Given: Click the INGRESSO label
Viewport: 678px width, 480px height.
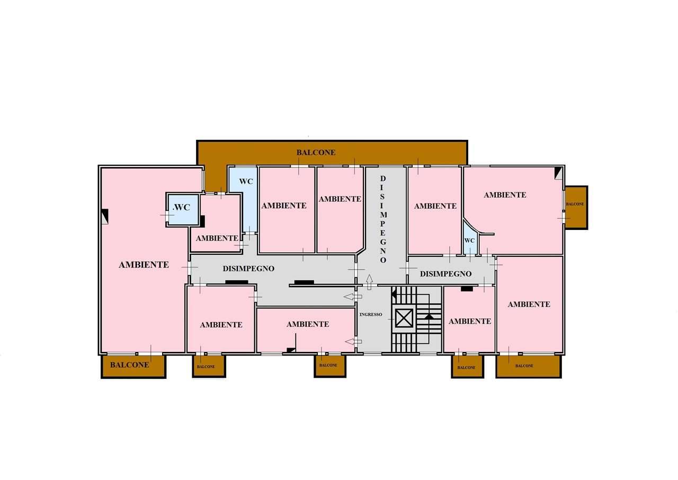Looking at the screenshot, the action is tap(371, 315).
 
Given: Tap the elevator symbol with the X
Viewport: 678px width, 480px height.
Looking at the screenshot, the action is tap(404, 318).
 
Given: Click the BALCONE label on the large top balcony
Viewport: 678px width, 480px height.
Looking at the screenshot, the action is tap(316, 153).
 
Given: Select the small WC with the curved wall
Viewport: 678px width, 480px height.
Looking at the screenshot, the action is tap(470, 238).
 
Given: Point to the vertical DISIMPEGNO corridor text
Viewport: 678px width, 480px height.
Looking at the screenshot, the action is tap(383, 219).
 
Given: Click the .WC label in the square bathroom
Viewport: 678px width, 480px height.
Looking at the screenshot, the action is tap(181, 207).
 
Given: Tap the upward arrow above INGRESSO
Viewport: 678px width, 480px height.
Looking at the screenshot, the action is tap(369, 282).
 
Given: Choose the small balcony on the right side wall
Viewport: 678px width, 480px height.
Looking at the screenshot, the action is tap(576, 207).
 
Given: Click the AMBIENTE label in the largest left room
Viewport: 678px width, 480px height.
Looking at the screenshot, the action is tap(144, 265).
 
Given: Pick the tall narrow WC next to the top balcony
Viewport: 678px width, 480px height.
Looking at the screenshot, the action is tap(243, 200).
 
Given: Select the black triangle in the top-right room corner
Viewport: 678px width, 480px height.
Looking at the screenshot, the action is tap(558, 174).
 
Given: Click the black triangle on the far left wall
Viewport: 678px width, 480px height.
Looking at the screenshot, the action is tap(105, 216).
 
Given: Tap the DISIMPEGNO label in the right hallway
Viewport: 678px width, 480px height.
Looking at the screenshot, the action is tap(445, 274).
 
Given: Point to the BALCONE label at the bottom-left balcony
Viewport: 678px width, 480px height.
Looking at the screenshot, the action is tap(130, 365).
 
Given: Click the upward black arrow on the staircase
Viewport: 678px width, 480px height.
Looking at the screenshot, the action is tap(429, 317).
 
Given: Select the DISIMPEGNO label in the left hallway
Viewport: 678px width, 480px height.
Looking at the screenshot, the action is tap(248, 269).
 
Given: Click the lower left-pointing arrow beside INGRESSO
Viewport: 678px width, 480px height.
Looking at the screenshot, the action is tap(353, 342).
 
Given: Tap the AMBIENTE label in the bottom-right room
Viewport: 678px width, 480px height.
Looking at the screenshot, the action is tap(529, 304).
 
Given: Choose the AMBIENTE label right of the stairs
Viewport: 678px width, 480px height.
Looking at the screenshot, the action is tap(470, 321).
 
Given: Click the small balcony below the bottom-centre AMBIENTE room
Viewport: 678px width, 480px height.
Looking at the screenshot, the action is tap(330, 366).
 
